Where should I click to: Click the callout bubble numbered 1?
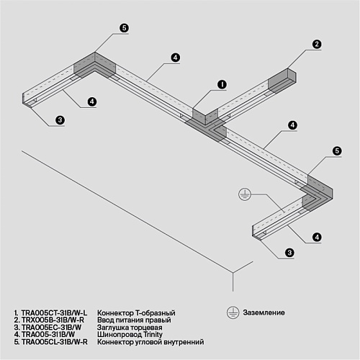click(x=222, y=84)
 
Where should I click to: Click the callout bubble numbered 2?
click(x=317, y=44)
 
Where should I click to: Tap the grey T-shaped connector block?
click(x=206, y=125)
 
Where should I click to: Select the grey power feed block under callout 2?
click(x=282, y=81)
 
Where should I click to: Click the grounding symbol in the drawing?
click(x=245, y=194)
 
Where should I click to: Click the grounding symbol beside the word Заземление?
click(x=233, y=312)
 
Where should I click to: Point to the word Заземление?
click(x=264, y=312)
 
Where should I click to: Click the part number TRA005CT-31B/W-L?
click(x=54, y=313)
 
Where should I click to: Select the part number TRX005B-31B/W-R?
click(x=53, y=320)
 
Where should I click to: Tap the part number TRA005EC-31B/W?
click(x=51, y=327)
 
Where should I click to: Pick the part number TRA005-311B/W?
click(x=48, y=334)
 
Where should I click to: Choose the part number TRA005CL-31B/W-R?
click(x=55, y=342)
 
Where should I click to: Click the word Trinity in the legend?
click(x=153, y=334)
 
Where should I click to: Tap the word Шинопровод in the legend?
click(x=120, y=335)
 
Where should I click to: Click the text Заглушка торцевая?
click(x=130, y=328)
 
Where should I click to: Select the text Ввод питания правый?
click(x=134, y=320)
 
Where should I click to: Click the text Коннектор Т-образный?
click(x=136, y=313)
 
